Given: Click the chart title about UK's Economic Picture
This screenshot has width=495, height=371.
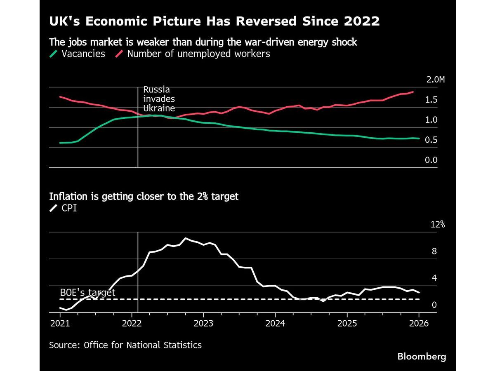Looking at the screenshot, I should point(214,21).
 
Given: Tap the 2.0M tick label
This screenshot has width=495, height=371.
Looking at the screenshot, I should point(435,80).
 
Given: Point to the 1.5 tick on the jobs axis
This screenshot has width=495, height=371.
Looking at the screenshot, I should point(431,100).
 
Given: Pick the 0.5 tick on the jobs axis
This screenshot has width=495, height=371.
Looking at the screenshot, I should point(431,140).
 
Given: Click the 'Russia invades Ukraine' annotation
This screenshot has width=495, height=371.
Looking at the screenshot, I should point(159,99).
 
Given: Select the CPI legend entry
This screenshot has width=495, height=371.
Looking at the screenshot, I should point(64,208).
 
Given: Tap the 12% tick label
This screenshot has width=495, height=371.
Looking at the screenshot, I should point(438,225).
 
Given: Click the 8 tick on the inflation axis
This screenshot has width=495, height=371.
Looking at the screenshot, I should point(434,251).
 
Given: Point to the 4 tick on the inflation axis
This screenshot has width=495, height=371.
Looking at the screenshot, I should point(434,278).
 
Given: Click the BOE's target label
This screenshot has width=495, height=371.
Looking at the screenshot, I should point(87,292).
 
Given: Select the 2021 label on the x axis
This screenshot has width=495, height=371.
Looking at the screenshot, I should point(60,323).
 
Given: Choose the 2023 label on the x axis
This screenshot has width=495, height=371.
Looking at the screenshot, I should point(203,323).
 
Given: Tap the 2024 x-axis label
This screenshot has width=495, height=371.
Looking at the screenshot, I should point(275,323).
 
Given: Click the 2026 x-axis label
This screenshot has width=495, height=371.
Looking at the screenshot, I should point(419,323).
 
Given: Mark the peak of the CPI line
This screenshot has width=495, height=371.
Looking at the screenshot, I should point(186,238).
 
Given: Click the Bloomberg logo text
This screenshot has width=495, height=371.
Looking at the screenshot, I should point(422,357).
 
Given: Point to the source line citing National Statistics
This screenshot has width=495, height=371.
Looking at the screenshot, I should point(125,345).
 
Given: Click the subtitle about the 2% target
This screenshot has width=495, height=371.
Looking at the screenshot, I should point(144,196).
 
